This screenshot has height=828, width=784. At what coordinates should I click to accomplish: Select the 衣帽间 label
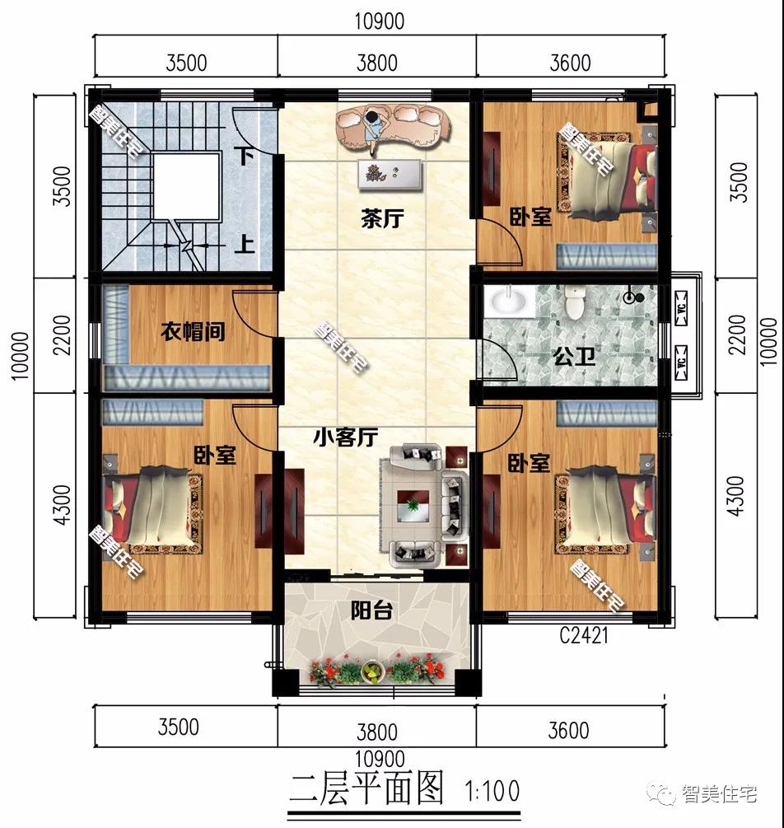[191, 332]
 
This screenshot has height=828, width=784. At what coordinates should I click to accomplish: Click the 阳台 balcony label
[371, 610]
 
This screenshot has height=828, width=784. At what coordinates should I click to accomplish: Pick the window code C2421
[583, 636]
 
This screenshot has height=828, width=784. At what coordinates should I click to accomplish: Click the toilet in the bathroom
[573, 302]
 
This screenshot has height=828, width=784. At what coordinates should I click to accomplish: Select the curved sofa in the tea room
[390, 122]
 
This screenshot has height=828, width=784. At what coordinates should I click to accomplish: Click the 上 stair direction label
[245, 244]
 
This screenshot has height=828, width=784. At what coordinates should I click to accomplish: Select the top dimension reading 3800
[376, 63]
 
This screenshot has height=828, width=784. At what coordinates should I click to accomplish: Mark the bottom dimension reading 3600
[567, 730]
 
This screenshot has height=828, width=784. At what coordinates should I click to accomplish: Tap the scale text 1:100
[492, 792]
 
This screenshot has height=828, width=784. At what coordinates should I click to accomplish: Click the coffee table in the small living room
[412, 503]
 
